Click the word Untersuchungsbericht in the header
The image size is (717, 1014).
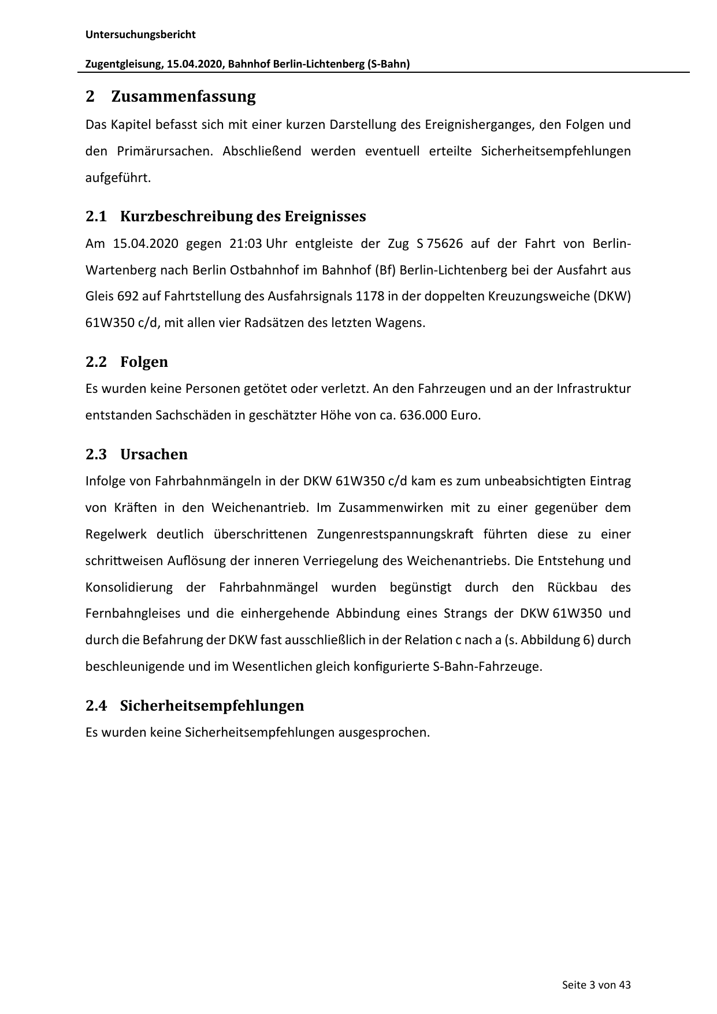(x=140, y=35)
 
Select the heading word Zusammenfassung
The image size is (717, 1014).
(x=183, y=96)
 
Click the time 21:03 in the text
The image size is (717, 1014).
(x=246, y=243)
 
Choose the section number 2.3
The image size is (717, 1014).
(x=96, y=455)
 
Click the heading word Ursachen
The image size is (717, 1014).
(x=154, y=455)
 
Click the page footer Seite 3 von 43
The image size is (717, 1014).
(x=596, y=985)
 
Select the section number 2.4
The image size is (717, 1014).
(x=96, y=706)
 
